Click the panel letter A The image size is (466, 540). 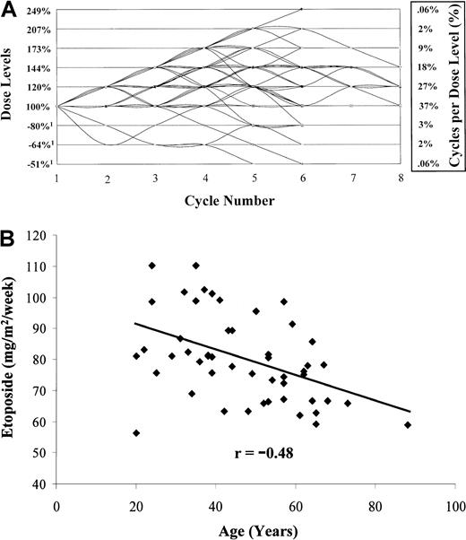tap(9, 8)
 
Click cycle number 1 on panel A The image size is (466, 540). tap(57, 179)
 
